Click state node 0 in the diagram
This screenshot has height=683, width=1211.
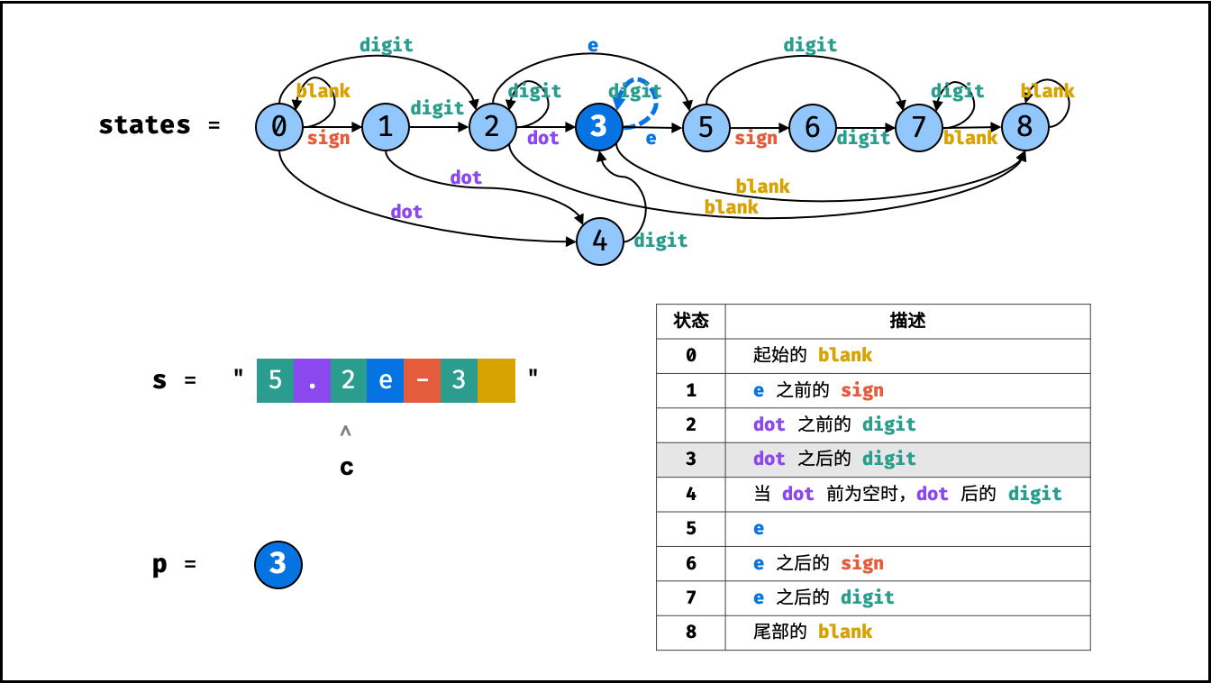click(279, 127)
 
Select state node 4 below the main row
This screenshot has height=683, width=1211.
click(599, 241)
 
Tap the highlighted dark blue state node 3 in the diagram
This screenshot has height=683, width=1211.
click(598, 127)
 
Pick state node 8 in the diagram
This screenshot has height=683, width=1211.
click(1025, 127)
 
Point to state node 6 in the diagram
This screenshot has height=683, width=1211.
click(812, 127)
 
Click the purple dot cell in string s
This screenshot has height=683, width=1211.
click(312, 380)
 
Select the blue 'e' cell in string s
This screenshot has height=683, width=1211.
click(385, 380)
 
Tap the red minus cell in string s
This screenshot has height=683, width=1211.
click(423, 380)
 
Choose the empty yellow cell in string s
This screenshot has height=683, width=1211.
click(496, 380)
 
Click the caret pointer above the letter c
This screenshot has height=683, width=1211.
click(345, 431)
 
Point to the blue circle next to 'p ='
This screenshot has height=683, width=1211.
click(278, 565)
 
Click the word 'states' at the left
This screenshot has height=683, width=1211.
click(144, 125)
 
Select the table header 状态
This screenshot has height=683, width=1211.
click(690, 321)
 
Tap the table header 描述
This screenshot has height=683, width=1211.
click(907, 321)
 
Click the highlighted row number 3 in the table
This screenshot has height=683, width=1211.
click(691, 460)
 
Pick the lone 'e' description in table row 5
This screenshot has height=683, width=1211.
click(759, 528)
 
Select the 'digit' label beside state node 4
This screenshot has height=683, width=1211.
click(660, 240)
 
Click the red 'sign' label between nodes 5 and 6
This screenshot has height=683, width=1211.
click(756, 139)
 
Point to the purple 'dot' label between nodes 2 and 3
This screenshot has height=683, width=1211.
click(542, 137)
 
